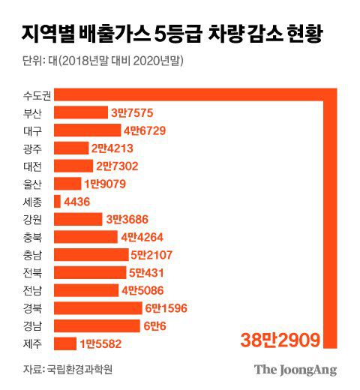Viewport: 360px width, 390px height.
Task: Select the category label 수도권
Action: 35,95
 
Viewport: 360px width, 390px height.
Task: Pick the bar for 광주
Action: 71,148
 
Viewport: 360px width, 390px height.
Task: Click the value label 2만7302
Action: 116,166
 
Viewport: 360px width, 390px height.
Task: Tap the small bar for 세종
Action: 58,201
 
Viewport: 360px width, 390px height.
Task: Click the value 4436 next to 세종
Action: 79,202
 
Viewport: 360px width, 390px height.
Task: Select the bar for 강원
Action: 79,219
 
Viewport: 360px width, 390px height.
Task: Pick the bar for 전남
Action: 86,290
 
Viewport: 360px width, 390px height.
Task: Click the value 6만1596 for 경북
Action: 168,308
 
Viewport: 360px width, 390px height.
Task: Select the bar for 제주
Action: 65,343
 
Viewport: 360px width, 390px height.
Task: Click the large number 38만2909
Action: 280,340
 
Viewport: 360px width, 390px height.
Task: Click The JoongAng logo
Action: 295,369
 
